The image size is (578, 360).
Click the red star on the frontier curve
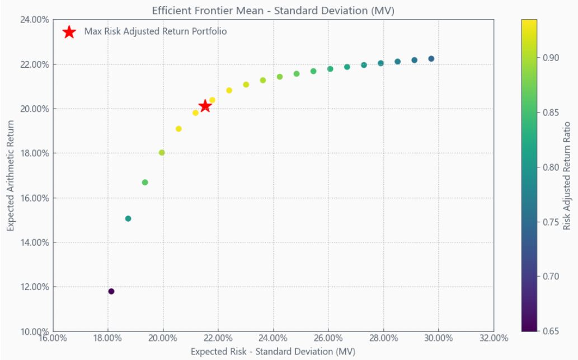(x=205, y=106)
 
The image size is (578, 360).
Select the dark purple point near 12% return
(x=111, y=291)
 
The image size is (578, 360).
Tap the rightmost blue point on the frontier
(x=431, y=59)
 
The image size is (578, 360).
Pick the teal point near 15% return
(x=128, y=218)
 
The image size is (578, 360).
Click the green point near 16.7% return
(x=145, y=183)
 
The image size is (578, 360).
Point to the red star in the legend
(x=69, y=32)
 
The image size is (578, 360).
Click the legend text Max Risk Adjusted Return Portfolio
(x=156, y=31)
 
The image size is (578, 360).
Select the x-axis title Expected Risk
(x=273, y=351)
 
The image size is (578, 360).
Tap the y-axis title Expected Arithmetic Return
(x=11, y=175)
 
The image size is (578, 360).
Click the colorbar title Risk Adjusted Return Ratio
(x=567, y=175)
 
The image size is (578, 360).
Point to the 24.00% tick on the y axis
(x=34, y=20)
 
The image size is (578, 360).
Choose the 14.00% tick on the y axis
(x=34, y=242)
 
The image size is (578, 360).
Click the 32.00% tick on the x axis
(x=494, y=338)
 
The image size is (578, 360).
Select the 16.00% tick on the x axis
(x=52, y=338)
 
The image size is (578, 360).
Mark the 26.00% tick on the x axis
(x=328, y=338)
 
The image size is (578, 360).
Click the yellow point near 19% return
(x=179, y=129)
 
